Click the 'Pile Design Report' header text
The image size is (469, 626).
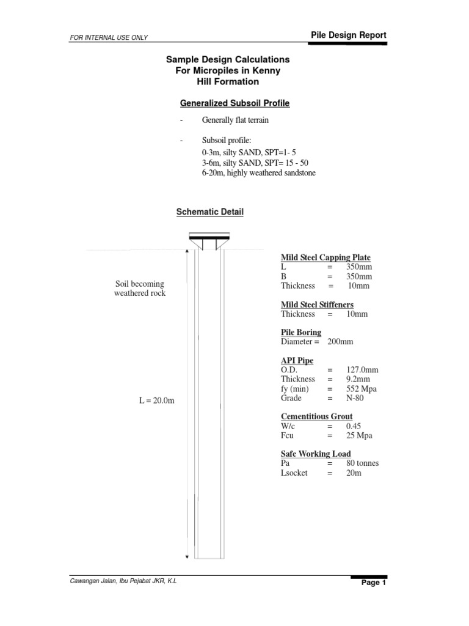(348, 35)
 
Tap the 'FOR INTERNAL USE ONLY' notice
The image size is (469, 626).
(109, 38)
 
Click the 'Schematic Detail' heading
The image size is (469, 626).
(209, 212)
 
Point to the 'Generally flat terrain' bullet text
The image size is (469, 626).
(235, 120)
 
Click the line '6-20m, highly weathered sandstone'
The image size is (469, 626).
(258, 173)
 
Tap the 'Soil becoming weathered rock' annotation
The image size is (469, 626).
(140, 289)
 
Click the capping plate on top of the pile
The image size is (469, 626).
(209, 236)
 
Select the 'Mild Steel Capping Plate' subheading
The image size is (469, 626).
(325, 257)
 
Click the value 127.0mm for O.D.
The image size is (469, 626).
(362, 370)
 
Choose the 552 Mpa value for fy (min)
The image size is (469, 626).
(363, 389)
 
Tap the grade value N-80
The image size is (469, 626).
(355, 398)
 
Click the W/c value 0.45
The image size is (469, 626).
(354, 426)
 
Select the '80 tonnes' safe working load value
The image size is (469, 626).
(362, 463)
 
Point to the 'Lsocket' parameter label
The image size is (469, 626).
(294, 473)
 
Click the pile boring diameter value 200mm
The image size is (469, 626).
(340, 342)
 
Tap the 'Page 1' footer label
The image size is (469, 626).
(374, 583)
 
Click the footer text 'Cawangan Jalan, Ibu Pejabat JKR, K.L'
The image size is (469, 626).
(123, 581)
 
